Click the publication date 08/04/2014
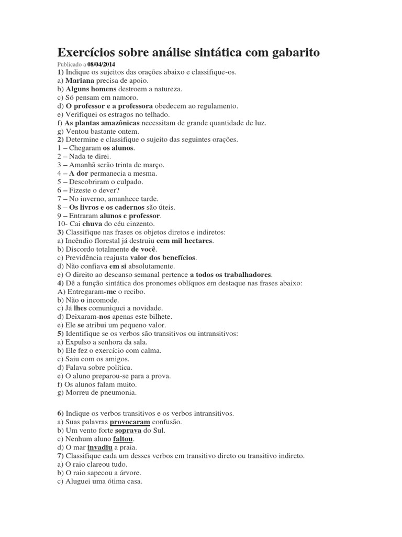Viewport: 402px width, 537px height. point(102,65)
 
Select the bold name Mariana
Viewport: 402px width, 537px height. point(80,81)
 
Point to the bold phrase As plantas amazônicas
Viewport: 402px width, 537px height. point(102,123)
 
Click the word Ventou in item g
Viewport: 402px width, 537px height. point(76,132)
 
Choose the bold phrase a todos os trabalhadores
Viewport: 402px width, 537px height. point(231,274)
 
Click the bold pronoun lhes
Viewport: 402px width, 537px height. point(81,308)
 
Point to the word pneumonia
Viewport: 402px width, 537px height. point(118,392)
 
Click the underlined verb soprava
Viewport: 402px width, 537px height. point(128,431)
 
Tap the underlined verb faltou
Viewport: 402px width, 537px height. point(123,439)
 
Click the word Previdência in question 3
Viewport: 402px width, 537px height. point(85,257)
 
